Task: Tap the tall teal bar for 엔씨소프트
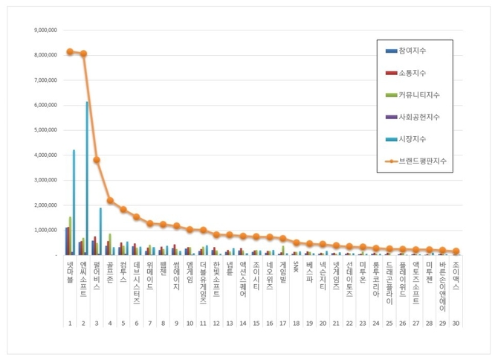(87, 179)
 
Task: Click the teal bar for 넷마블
(74, 202)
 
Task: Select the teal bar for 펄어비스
(100, 231)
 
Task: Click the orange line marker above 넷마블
(70, 51)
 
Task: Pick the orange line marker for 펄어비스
(97, 160)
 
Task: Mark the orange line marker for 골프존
(110, 200)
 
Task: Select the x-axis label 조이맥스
(455, 274)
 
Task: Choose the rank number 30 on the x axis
(455, 324)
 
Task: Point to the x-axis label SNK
(295, 267)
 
